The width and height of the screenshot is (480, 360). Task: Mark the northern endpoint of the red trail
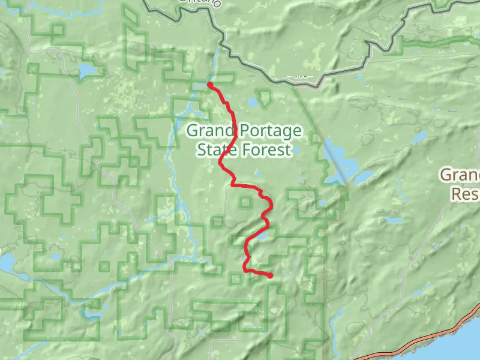[x=210, y=85]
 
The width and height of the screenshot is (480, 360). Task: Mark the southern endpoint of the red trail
[x=271, y=275]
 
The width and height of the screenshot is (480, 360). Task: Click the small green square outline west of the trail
[x=244, y=202]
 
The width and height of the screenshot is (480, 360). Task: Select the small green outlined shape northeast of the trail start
[x=263, y=97]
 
